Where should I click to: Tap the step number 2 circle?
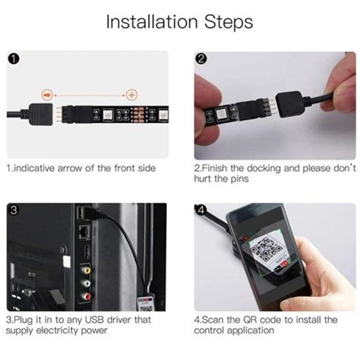coord(202,59)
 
